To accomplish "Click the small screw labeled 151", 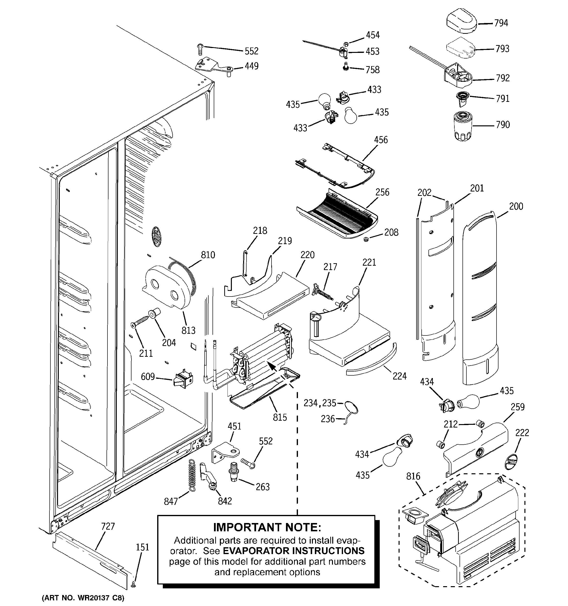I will click(133, 585).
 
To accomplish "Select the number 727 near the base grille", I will click(108, 526).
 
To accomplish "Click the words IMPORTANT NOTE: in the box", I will click(267, 527).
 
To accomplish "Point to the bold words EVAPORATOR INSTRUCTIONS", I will click(294, 551).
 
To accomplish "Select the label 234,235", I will click(319, 403).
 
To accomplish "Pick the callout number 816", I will click(413, 476).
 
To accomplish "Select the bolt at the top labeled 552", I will click(200, 49).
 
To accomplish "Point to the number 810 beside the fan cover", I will click(208, 255).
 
